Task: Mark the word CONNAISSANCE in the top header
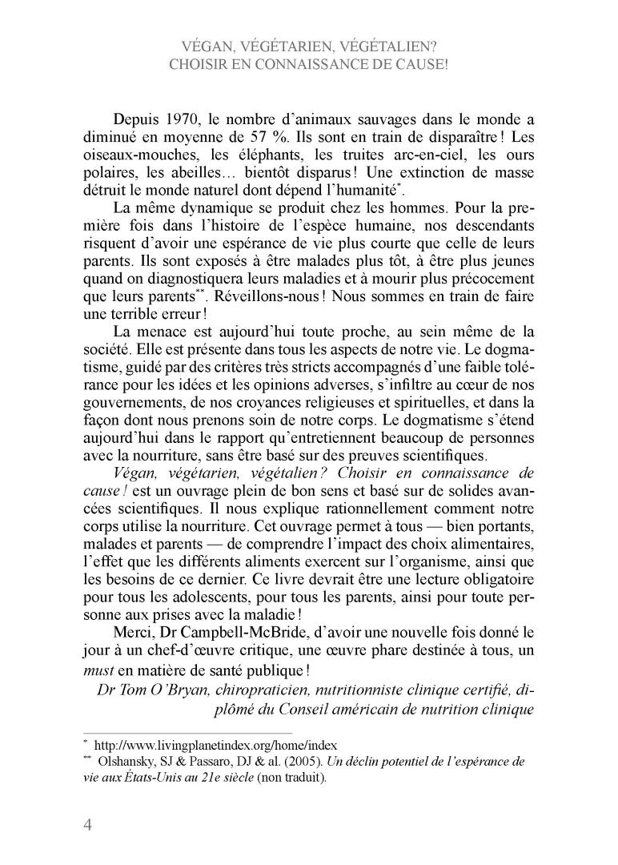click(x=311, y=64)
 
